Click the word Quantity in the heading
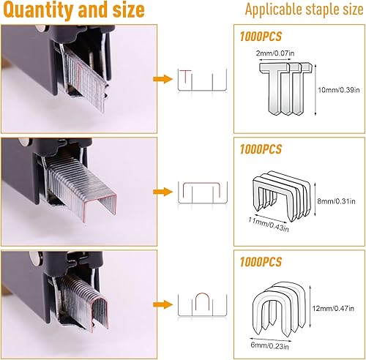39,10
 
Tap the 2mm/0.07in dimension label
275,53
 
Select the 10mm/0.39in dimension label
339,90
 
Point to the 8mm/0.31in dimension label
336,201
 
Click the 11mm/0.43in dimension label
269,224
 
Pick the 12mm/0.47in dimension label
333,308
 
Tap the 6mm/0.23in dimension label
269,345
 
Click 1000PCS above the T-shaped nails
261,37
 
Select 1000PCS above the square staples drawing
261,149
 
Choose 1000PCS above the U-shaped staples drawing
261,262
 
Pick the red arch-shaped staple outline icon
202,293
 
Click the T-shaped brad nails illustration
285,89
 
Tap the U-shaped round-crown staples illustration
279,309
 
